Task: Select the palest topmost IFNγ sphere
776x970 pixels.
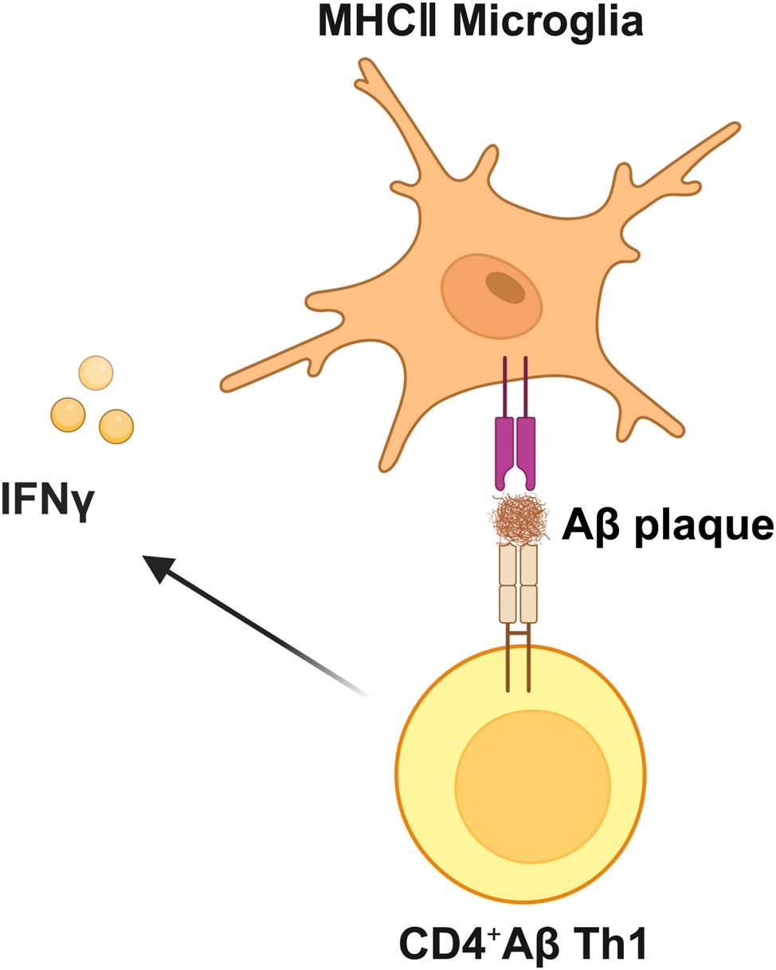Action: (96, 372)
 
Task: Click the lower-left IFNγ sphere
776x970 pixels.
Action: (68, 414)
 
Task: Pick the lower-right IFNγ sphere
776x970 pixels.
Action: (116, 426)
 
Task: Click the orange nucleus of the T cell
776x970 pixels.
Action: (533, 793)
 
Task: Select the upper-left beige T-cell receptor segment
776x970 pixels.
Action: (508, 565)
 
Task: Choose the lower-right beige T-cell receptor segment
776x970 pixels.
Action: (528, 604)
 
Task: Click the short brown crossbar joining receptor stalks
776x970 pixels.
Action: (518, 633)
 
